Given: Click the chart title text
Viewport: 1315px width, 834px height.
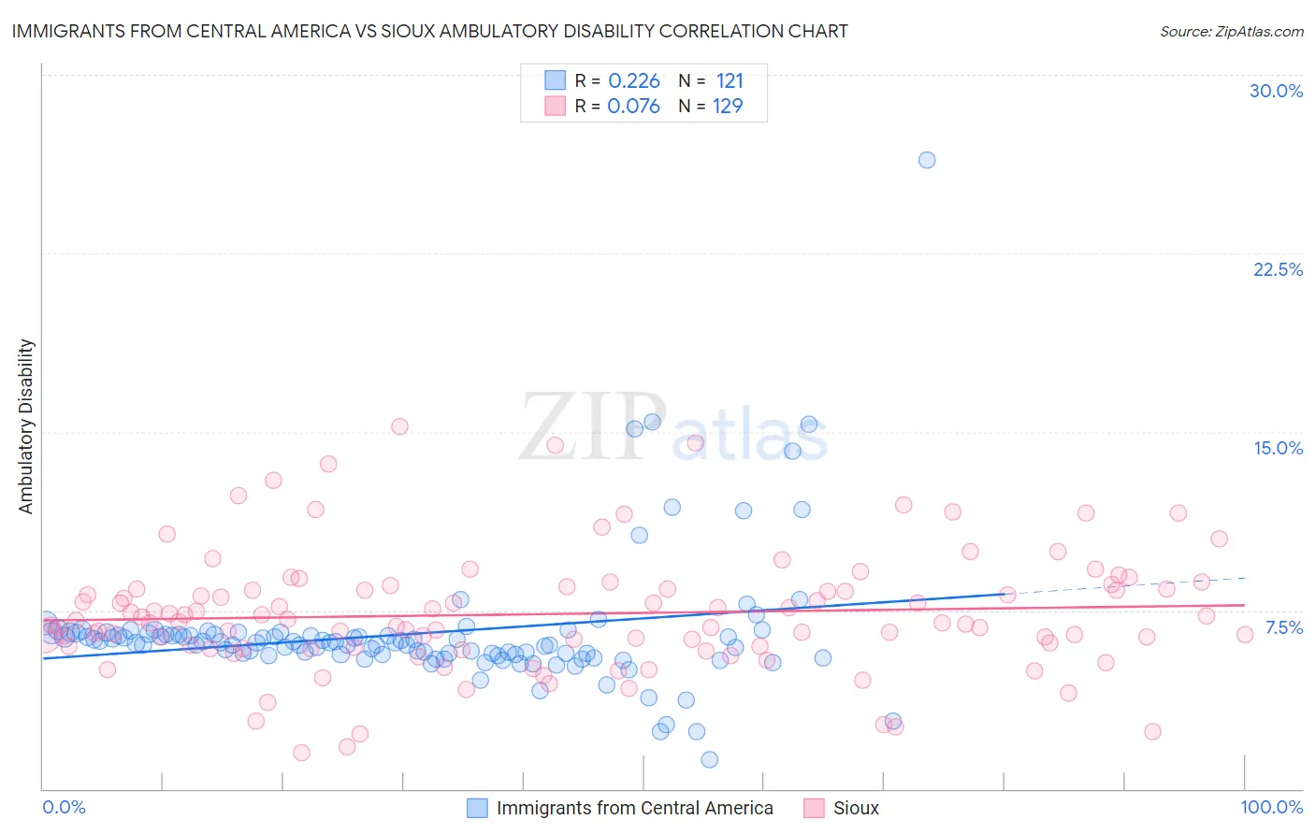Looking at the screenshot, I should click(429, 31).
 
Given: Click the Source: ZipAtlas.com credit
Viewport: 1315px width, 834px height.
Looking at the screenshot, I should click(1231, 32).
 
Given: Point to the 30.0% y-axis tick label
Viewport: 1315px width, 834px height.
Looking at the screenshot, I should click(1276, 91).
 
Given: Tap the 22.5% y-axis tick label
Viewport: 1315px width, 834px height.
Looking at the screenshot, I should click(1278, 269).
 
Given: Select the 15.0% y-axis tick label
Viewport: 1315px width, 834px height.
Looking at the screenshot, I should click(1278, 448).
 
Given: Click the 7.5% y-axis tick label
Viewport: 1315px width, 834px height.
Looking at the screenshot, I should click(1283, 627).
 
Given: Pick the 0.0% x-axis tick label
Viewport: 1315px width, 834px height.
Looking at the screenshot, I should click(64, 807).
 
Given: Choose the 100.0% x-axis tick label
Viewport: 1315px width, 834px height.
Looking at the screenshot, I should click(1271, 807).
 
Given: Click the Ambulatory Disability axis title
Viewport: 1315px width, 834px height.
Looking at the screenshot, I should click(26, 426).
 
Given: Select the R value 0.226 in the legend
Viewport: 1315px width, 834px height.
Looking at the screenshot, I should click(634, 81).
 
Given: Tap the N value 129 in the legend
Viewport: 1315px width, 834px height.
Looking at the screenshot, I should click(728, 107).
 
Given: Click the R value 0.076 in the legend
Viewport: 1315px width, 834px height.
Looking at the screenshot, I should click(634, 107).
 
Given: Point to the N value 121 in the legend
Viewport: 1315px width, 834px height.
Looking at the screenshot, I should click(730, 81).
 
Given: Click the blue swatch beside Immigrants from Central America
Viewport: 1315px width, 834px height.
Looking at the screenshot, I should click(477, 808).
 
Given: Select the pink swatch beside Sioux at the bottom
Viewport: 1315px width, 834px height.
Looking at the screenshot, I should click(814, 808).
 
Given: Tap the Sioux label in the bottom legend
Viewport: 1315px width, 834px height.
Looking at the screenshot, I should click(856, 808).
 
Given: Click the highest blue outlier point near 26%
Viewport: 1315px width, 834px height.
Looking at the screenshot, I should click(927, 160).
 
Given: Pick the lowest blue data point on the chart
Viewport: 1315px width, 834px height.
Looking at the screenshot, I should click(710, 759).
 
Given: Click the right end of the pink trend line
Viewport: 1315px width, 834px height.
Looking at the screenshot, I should click(1243, 605).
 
